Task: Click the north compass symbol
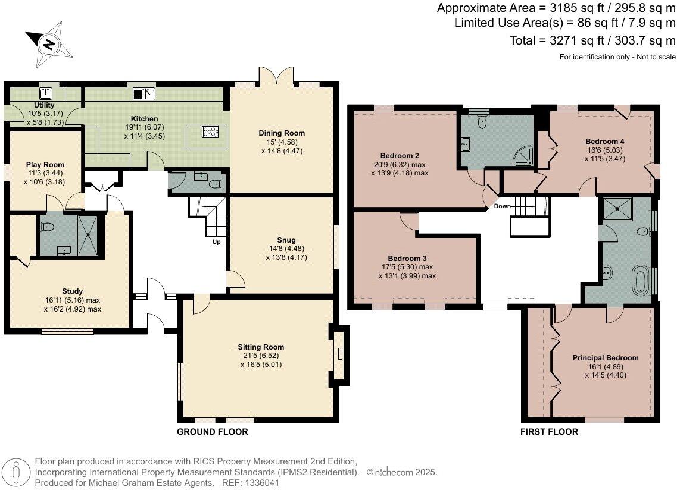tap(48, 45)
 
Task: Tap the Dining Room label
tap(282, 133)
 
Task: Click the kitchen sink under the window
tap(143, 93)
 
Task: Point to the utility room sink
tap(46, 93)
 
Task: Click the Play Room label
tap(45, 164)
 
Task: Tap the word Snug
tap(286, 240)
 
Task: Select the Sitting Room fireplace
tap(340, 354)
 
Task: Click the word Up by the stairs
tap(216, 242)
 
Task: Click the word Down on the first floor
tap(502, 206)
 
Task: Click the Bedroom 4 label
tap(604, 142)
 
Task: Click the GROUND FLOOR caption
tap(213, 432)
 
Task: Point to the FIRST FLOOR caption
tap(549, 432)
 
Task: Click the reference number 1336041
tap(263, 483)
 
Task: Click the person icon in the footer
tap(16, 473)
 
